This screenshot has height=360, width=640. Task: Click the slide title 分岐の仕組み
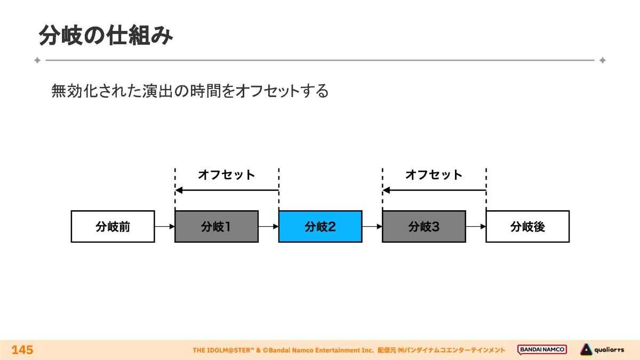pyautogui.click(x=106, y=36)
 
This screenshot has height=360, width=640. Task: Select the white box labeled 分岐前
pyautogui.click(x=113, y=227)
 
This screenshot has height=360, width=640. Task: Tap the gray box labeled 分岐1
pyautogui.click(x=216, y=227)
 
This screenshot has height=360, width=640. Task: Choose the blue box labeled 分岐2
pyautogui.click(x=320, y=227)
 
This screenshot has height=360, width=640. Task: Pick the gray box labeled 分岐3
pyautogui.click(x=423, y=227)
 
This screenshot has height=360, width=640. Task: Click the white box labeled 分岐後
pyautogui.click(x=527, y=227)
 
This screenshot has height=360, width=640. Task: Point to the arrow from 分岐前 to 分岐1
pyautogui.click(x=165, y=227)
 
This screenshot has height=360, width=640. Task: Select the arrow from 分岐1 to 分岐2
pyautogui.click(x=268, y=227)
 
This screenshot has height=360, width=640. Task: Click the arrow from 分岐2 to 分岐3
pyautogui.click(x=372, y=227)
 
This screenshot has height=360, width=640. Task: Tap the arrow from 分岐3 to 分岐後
pyautogui.click(x=476, y=227)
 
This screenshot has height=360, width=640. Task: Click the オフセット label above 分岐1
pyautogui.click(x=227, y=174)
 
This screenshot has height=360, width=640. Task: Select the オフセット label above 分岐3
pyautogui.click(x=434, y=174)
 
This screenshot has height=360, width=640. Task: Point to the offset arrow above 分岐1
pyautogui.click(x=227, y=190)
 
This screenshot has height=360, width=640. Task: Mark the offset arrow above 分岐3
pyautogui.click(x=434, y=190)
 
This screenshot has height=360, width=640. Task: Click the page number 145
pyautogui.click(x=22, y=350)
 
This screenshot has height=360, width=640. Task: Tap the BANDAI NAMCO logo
pyautogui.click(x=542, y=350)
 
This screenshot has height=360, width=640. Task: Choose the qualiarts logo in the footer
pyautogui.click(x=602, y=350)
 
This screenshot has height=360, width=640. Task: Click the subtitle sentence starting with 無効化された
pyautogui.click(x=190, y=91)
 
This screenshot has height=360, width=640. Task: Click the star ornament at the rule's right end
pyautogui.click(x=602, y=60)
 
